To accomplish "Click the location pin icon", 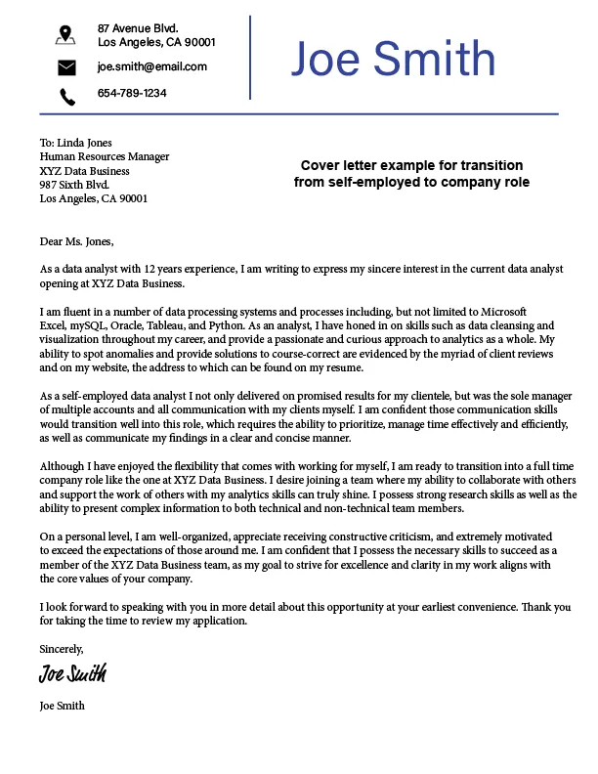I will (65, 35).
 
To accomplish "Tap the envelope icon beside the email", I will (65, 67).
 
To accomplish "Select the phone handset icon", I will (66, 96).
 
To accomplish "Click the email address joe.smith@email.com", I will (151, 66).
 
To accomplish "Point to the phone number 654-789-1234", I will (132, 94).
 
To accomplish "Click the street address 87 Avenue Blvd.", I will (138, 27).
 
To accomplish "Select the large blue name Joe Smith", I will (393, 60).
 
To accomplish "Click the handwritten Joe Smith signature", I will (72, 673).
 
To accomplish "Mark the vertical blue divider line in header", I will (251, 57).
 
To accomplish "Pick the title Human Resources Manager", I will (104, 156).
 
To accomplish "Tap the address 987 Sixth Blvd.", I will (74, 184).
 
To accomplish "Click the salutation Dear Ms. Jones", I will (76, 241).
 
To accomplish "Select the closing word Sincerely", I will (62, 648).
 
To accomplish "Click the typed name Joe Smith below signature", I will (62, 706).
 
